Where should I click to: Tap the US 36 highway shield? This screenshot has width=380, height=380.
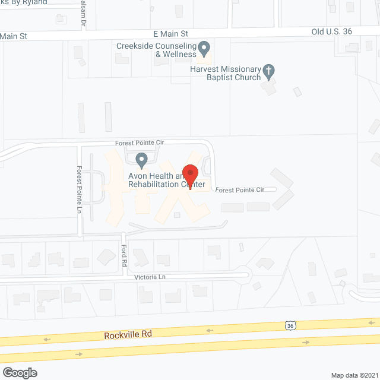pyautogui.click(x=290, y=325)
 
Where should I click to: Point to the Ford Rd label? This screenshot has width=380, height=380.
pyautogui.click(x=124, y=255)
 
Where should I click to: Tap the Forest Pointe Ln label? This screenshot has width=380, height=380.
pyautogui.click(x=78, y=189)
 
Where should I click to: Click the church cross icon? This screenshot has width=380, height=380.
pyautogui.click(x=268, y=71)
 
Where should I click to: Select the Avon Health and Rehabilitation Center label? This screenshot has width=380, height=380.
pyautogui.click(x=167, y=180)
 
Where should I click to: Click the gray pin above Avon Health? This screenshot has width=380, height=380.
pyautogui.click(x=141, y=160)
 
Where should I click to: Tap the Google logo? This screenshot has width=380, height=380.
pyautogui.click(x=20, y=372)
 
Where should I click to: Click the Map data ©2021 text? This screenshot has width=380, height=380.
pyautogui.click(x=354, y=375)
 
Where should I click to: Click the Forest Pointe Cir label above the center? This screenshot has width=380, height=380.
pyautogui.click(x=140, y=143)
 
